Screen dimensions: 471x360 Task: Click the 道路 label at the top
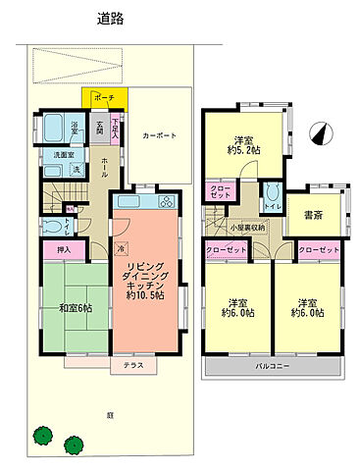click(109, 18)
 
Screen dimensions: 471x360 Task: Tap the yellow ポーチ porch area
click(104, 100)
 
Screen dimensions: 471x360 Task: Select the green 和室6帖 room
click(75, 308)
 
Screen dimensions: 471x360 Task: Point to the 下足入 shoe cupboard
click(116, 128)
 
